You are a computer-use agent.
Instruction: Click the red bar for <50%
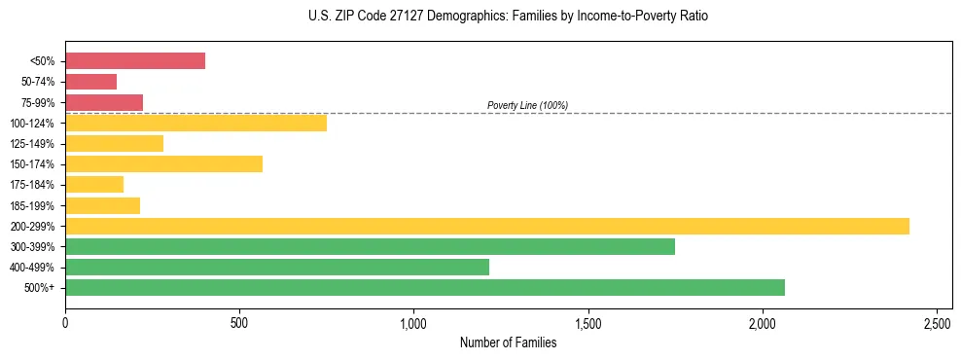click(135, 61)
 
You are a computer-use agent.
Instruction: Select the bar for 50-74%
click(90, 82)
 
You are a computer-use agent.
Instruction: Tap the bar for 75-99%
click(104, 102)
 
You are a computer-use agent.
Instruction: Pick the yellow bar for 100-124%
click(196, 123)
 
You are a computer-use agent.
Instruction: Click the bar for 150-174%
click(163, 163)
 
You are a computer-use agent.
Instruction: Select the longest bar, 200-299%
click(486, 226)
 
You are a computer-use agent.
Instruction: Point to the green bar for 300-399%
click(370, 246)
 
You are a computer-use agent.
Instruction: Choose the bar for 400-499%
click(277, 267)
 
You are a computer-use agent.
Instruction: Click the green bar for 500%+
click(424, 287)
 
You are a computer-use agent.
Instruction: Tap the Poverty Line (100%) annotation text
click(527, 105)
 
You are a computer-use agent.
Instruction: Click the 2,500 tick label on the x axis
click(937, 322)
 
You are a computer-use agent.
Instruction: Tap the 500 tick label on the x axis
click(239, 322)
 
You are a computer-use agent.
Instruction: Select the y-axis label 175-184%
click(32, 185)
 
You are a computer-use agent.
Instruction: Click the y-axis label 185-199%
click(32, 205)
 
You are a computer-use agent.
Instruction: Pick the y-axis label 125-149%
click(32, 144)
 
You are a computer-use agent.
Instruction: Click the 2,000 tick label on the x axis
click(763, 322)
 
